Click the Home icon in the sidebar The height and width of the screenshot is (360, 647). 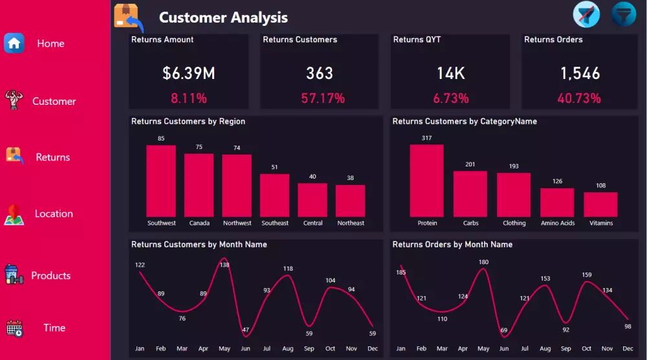[x=14, y=43]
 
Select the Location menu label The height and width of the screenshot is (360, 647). [x=54, y=214]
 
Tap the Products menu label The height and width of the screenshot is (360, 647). [x=50, y=276]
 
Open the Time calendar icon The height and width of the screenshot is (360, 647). [x=14, y=328]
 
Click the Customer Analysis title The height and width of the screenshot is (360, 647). [x=223, y=17]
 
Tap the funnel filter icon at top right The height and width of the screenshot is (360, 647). [x=624, y=14]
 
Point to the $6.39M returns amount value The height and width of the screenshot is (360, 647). [x=188, y=73]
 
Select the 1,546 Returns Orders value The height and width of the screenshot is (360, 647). [x=580, y=73]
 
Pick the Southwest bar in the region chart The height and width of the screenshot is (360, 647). [x=161, y=181]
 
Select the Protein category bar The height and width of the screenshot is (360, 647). [x=427, y=180]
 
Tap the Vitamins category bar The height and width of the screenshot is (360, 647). [x=600, y=204]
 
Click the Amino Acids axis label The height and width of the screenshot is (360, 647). [x=557, y=223]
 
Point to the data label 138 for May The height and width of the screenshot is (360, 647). [x=225, y=265]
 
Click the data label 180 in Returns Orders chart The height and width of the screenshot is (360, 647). [x=483, y=262]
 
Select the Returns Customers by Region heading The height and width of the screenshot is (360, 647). [x=188, y=121]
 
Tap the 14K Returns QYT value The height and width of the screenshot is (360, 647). [x=450, y=73]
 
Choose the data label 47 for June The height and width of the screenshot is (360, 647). [x=246, y=330]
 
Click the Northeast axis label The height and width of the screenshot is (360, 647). [x=351, y=223]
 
